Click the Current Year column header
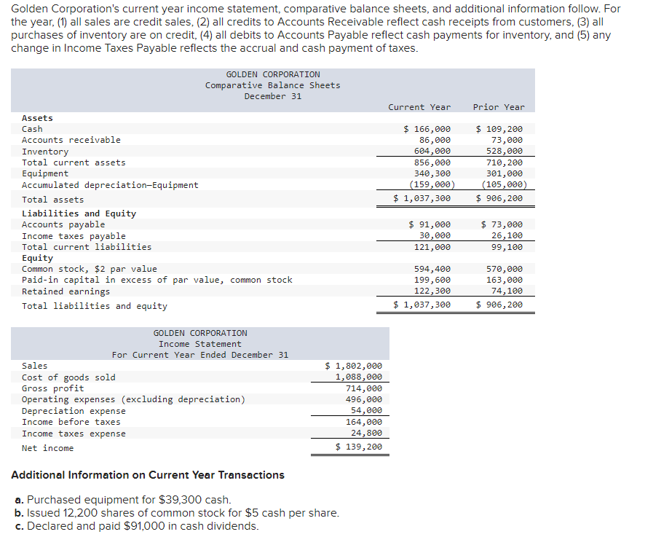tap(419, 107)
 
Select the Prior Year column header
tap(498, 107)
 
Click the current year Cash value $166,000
tap(427, 129)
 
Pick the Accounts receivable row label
tap(71, 140)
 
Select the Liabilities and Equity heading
tap(79, 213)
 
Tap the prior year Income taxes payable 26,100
tap(507, 235)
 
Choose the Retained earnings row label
tap(66, 291)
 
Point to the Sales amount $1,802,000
tap(353, 366)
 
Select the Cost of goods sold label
tap(68, 377)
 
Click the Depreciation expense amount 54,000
tap(366, 411)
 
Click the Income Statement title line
tap(200, 344)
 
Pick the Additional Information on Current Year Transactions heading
tap(148, 475)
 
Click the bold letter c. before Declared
tap(19, 526)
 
